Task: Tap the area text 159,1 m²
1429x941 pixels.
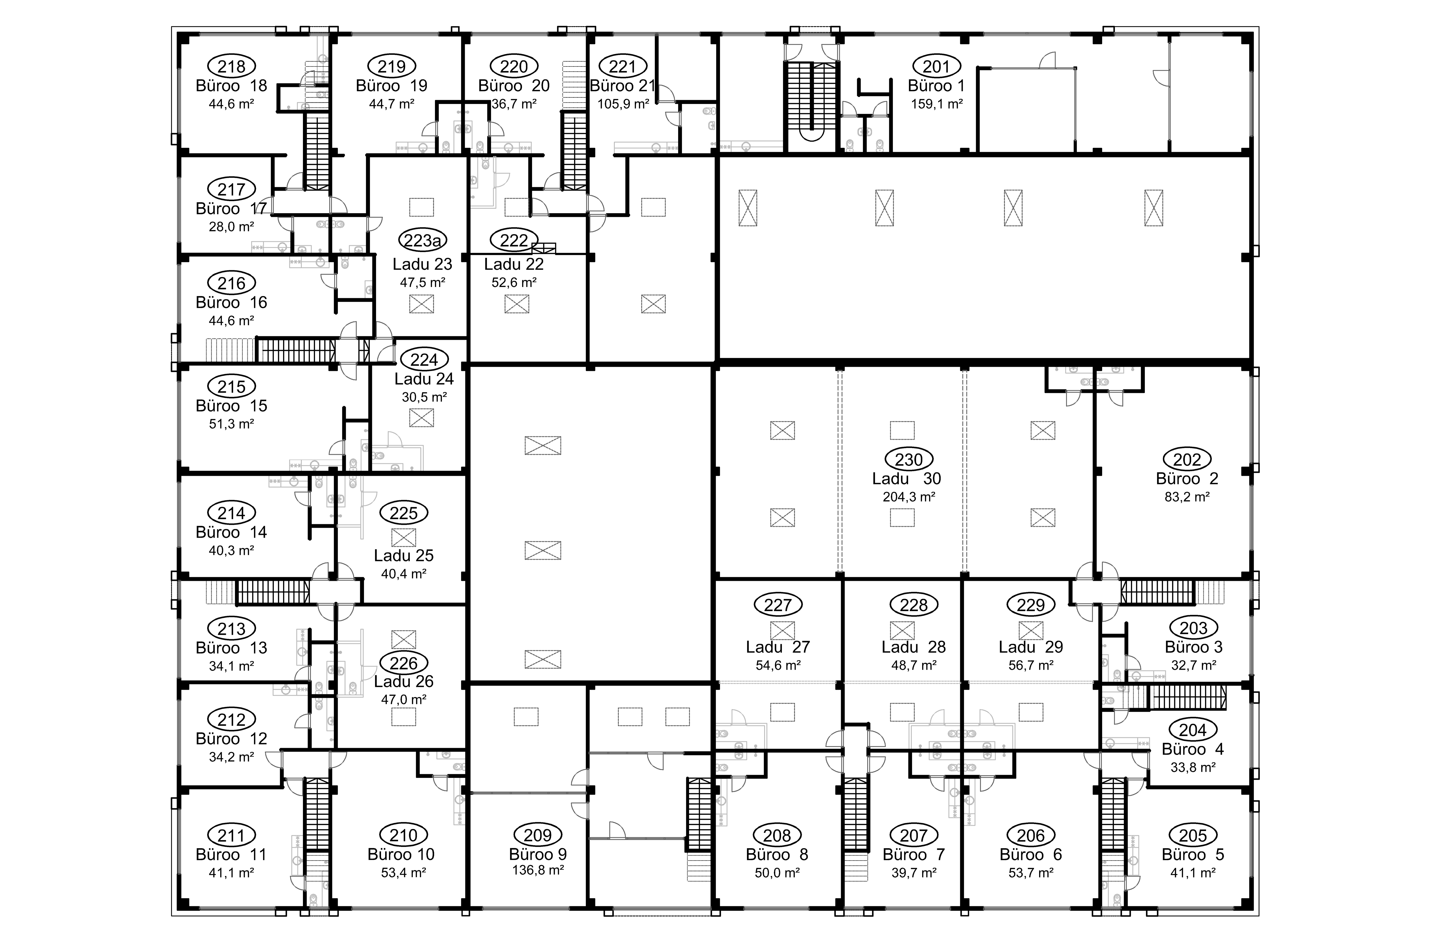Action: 937,104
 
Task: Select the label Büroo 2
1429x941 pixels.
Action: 1186,479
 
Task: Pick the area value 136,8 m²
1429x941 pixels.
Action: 537,870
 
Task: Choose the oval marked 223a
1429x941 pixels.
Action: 422,241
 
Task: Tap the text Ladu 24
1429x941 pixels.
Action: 424,379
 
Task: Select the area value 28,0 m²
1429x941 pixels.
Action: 231,227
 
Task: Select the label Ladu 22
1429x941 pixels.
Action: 514,264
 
